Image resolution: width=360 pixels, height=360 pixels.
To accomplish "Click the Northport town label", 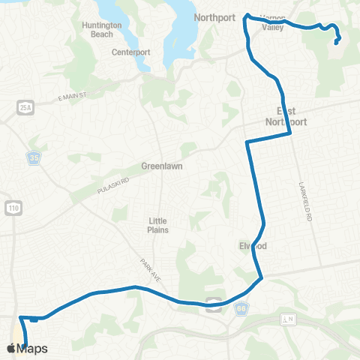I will point(215,16).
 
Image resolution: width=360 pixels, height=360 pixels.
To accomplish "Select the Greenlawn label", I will point(162,166).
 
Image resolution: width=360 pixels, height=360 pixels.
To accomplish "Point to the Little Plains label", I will point(157,225).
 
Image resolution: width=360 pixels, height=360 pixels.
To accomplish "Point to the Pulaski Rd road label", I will point(112,187).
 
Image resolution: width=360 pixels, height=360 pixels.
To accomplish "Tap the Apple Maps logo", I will point(27,348).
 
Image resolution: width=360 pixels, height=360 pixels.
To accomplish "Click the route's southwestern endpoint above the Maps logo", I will point(26,344).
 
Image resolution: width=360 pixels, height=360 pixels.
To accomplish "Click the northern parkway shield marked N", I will point(287,319).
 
